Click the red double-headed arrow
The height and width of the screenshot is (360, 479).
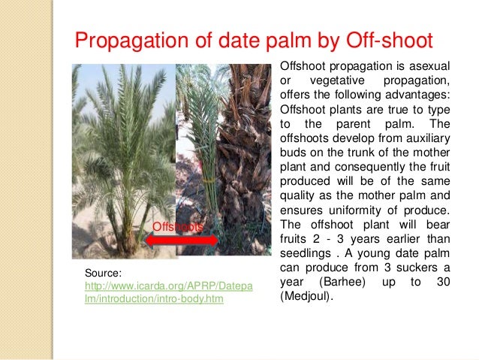(182, 241)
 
